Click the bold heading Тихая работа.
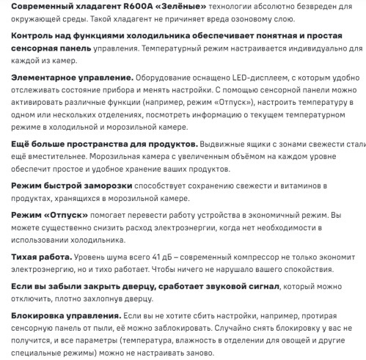[42, 258]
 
